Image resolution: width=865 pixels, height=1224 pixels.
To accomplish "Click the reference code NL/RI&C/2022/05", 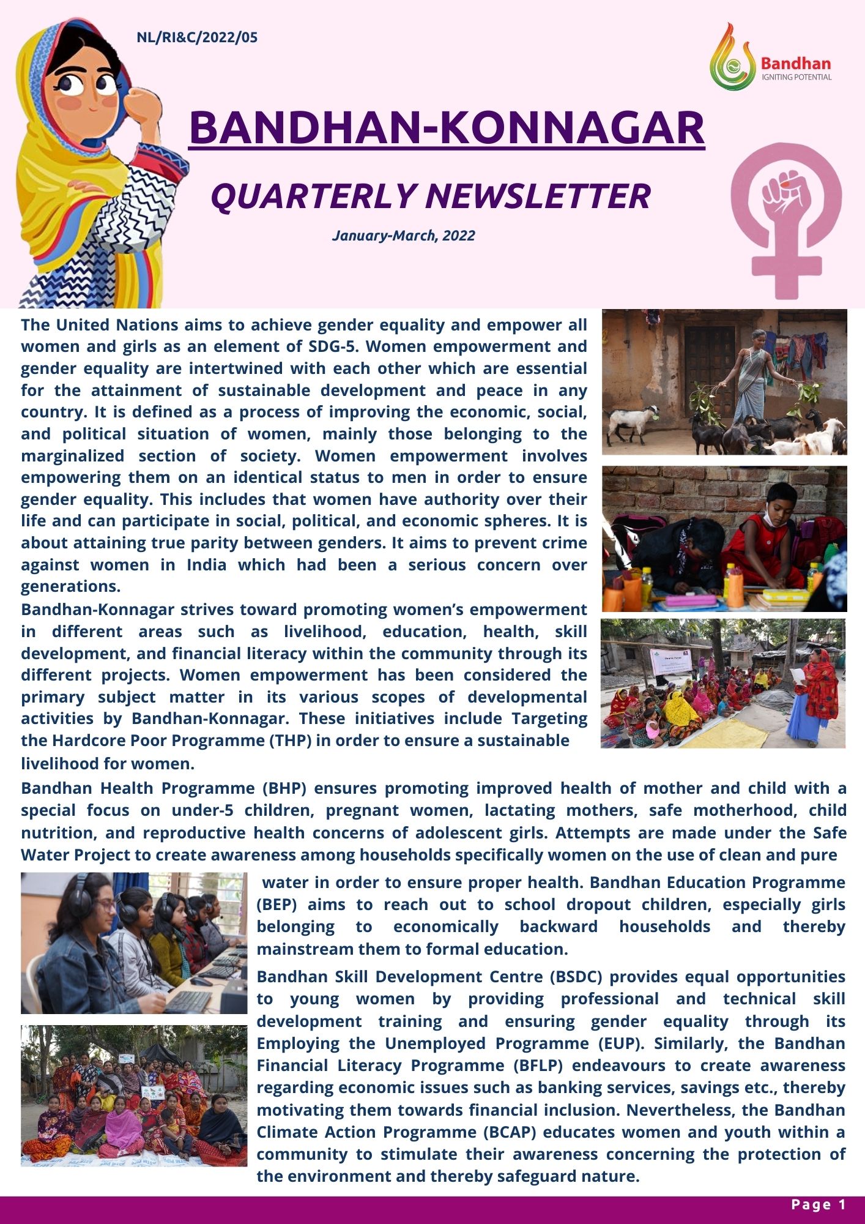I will (197, 38).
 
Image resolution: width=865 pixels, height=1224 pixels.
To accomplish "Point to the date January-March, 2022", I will (403, 236).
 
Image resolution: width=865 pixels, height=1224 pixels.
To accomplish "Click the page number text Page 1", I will (818, 1204).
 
